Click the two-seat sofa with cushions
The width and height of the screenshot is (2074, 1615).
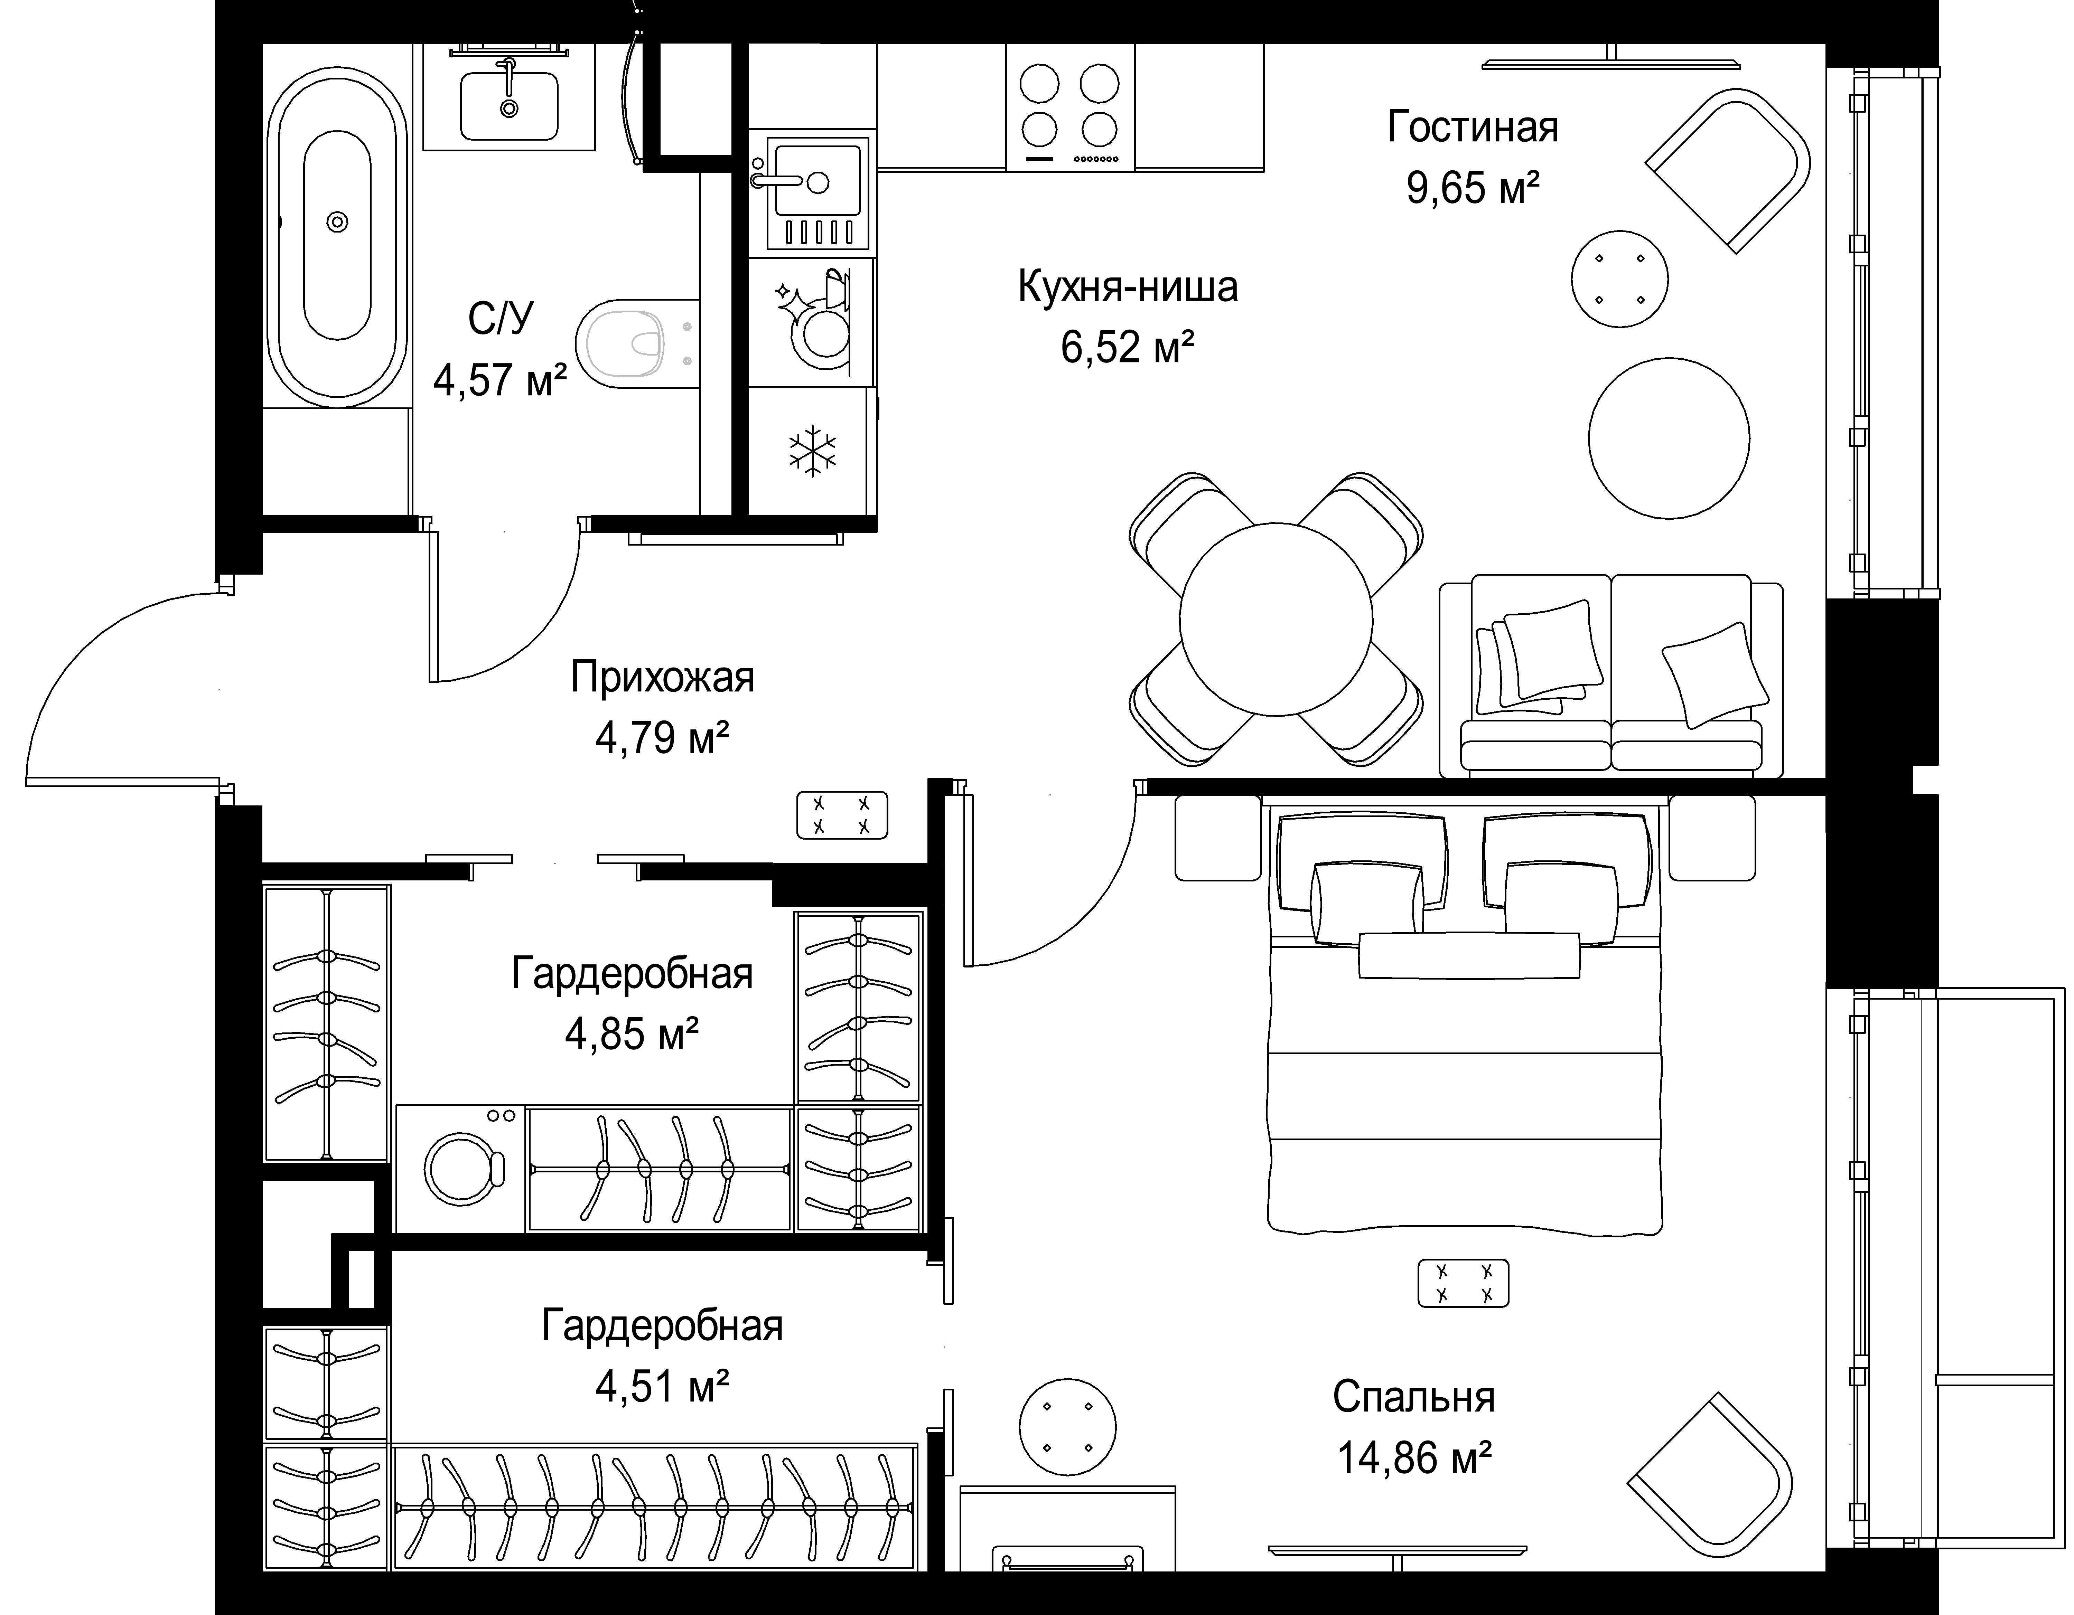1610,675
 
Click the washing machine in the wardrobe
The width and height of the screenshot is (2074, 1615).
460,1168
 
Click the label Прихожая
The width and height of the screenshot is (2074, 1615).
663,678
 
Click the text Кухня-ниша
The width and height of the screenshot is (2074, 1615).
1128,287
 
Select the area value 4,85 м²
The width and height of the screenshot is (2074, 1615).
633,1034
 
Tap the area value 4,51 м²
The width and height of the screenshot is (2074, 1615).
662,1387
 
